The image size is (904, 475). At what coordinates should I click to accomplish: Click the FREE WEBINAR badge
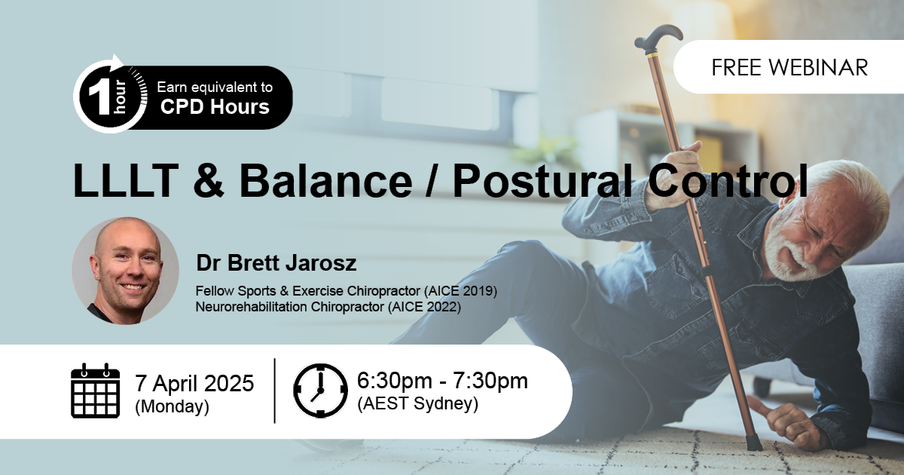(x=789, y=67)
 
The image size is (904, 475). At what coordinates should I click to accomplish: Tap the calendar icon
(x=95, y=391)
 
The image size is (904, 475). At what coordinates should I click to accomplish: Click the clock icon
(x=320, y=391)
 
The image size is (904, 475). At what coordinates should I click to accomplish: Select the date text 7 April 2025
(x=194, y=383)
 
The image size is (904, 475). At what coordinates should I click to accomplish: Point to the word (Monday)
(x=173, y=406)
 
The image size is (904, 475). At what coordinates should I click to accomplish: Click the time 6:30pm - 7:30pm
(x=442, y=381)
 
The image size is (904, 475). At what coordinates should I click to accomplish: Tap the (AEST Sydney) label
(x=417, y=403)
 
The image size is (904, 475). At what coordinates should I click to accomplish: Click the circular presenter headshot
(x=125, y=271)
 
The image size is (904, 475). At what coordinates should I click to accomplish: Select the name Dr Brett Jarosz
(x=276, y=262)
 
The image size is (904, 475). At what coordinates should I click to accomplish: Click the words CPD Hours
(x=215, y=106)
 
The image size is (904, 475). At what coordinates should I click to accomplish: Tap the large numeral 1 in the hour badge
(x=99, y=98)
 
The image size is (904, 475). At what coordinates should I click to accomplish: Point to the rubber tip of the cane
(x=753, y=443)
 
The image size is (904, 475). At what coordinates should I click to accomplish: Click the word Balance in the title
(x=325, y=180)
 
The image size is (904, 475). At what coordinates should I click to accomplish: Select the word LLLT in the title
(x=126, y=180)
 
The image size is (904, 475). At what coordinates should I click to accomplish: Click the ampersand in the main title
(x=208, y=180)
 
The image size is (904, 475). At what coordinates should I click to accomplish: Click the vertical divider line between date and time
(x=275, y=391)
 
